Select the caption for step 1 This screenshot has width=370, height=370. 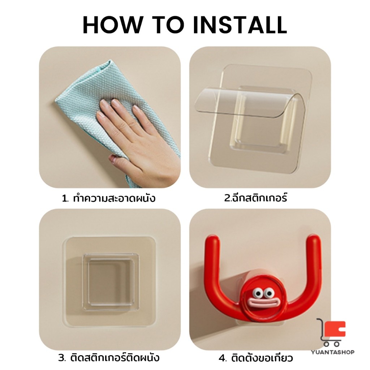108,198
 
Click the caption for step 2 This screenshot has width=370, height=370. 255,198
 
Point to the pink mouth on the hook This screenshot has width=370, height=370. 263,303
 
